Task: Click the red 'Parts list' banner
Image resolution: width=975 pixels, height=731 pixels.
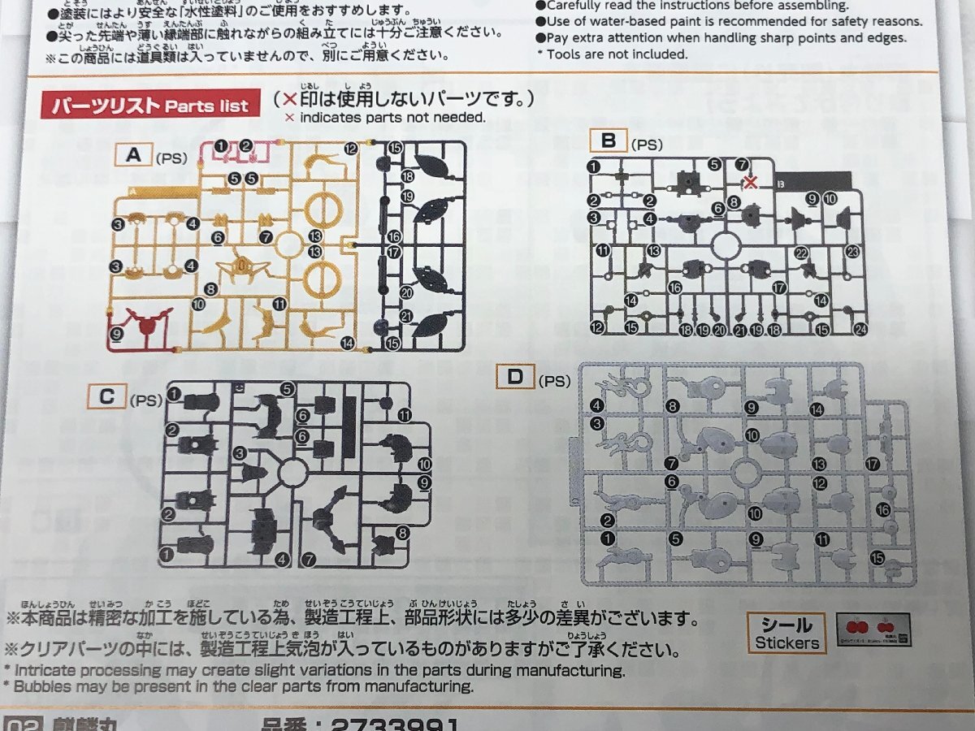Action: [150, 106]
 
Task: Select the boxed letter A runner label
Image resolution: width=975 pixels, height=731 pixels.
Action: [133, 154]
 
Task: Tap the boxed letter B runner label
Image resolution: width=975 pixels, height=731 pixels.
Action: [607, 141]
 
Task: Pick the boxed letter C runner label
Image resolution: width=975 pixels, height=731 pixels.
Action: [106, 398]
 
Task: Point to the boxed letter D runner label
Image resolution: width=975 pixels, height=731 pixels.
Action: [513, 377]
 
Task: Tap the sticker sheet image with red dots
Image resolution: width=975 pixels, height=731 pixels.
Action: [873, 629]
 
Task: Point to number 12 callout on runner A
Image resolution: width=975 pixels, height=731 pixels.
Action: [350, 149]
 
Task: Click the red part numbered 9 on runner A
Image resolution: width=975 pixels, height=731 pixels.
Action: [147, 326]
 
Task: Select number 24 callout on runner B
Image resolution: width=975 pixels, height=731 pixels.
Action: [860, 329]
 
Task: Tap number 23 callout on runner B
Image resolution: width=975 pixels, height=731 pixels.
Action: [852, 252]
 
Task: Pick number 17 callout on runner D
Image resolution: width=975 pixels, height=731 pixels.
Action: [873, 465]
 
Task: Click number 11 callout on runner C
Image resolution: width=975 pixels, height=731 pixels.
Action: [405, 415]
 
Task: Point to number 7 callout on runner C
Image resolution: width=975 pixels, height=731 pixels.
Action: [308, 560]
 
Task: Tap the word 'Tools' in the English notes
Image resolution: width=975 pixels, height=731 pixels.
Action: [565, 54]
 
